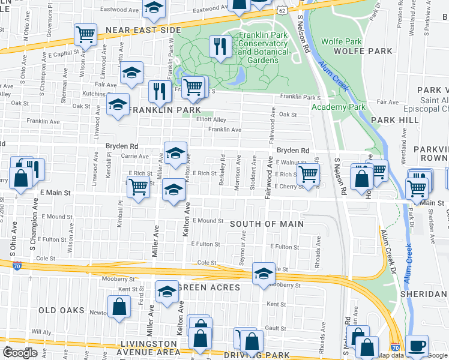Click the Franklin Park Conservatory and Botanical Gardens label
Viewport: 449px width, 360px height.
(262, 48)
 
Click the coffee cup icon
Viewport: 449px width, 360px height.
(417, 346)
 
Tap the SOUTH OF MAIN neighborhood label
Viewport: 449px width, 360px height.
(267, 224)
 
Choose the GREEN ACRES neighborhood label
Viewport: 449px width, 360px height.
(208, 287)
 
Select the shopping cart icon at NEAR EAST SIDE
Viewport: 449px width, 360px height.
(86, 34)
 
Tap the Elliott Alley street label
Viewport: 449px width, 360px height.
(212, 119)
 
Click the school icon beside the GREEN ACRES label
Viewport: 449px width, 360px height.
(166, 292)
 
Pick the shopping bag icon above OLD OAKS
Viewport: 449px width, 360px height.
(119, 307)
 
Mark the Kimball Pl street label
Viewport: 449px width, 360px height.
(120, 222)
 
